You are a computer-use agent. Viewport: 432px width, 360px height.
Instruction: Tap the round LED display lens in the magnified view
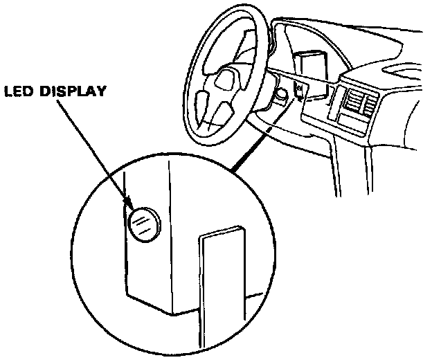142,224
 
